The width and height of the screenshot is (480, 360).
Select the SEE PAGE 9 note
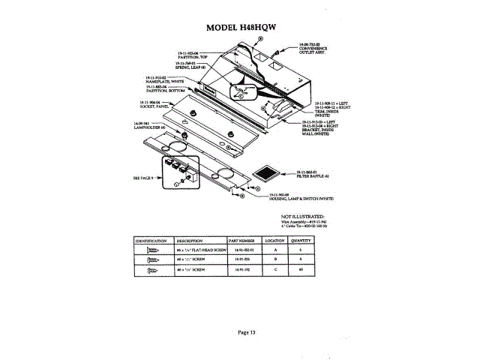142,178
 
